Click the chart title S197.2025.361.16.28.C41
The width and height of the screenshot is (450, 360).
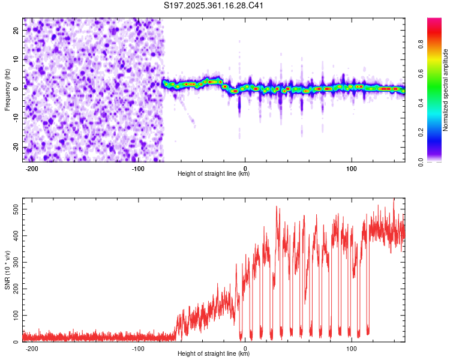[x=214, y=6]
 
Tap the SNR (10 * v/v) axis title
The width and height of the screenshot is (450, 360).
[x=7, y=270]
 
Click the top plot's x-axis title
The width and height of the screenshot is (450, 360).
[x=214, y=173]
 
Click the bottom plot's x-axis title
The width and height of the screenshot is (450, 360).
[x=214, y=353]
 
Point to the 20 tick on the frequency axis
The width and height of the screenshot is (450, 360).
[x=16, y=32]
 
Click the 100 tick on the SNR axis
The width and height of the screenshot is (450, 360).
[x=14, y=315]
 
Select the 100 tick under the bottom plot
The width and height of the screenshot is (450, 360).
[x=352, y=347]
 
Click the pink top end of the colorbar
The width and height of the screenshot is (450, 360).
[x=434, y=21]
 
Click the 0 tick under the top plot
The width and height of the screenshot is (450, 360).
[x=245, y=167]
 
